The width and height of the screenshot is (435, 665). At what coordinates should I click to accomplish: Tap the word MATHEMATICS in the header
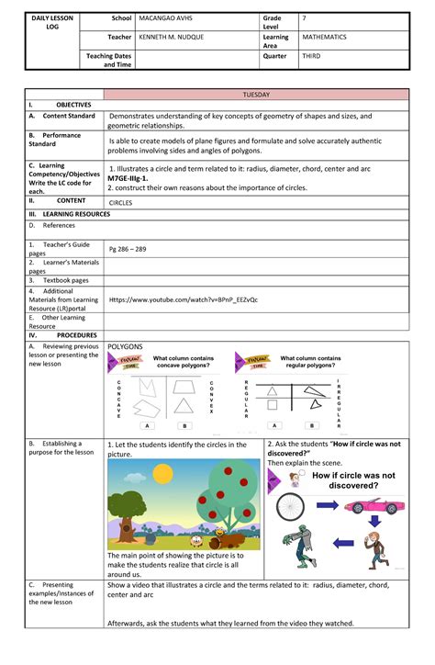325,39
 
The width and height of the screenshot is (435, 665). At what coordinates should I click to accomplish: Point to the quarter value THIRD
313,56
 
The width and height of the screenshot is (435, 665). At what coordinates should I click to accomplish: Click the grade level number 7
305,18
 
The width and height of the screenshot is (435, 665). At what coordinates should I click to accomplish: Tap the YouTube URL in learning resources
183,299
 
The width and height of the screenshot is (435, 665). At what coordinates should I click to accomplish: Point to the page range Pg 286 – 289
129,249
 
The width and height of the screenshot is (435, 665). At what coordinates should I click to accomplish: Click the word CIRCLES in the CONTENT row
120,202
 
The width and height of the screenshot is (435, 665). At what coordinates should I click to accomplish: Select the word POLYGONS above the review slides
125,346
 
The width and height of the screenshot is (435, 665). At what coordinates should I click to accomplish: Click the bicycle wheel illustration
289,505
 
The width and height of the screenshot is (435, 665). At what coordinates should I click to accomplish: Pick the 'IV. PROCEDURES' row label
53,335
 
